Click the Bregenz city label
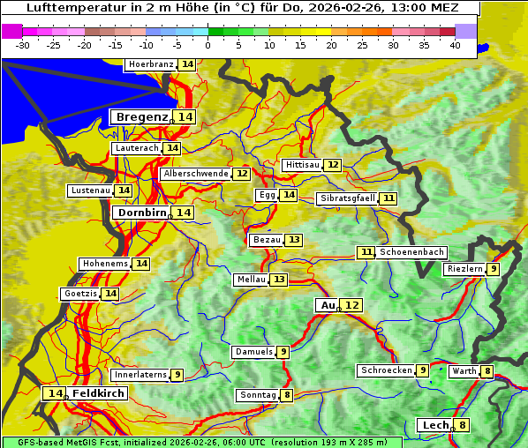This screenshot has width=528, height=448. click(x=141, y=117)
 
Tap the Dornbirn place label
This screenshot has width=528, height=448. click(x=140, y=213)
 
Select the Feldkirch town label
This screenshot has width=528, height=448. click(x=99, y=393)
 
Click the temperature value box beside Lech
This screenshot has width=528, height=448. click(x=462, y=425)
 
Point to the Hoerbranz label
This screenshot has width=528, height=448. click(x=150, y=64)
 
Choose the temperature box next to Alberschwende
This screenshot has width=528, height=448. click(x=242, y=174)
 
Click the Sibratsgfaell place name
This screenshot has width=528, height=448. click(x=347, y=198)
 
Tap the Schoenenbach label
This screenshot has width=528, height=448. click(x=412, y=252)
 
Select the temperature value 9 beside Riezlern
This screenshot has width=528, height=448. click(x=494, y=269)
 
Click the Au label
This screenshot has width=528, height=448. click(x=328, y=305)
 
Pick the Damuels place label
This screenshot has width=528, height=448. click(x=253, y=352)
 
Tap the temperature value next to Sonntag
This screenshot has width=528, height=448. click(x=287, y=395)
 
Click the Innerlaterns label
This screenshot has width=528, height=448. click(x=140, y=375)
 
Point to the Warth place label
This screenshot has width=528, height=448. click(x=464, y=371)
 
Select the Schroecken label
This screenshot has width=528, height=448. click(x=386, y=370)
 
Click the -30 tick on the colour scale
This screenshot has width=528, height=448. click(x=23, y=44)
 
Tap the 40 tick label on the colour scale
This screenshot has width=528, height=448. click(x=455, y=44)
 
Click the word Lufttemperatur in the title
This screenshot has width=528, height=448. click(x=74, y=8)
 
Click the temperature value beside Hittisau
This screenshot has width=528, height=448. click(x=332, y=165)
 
